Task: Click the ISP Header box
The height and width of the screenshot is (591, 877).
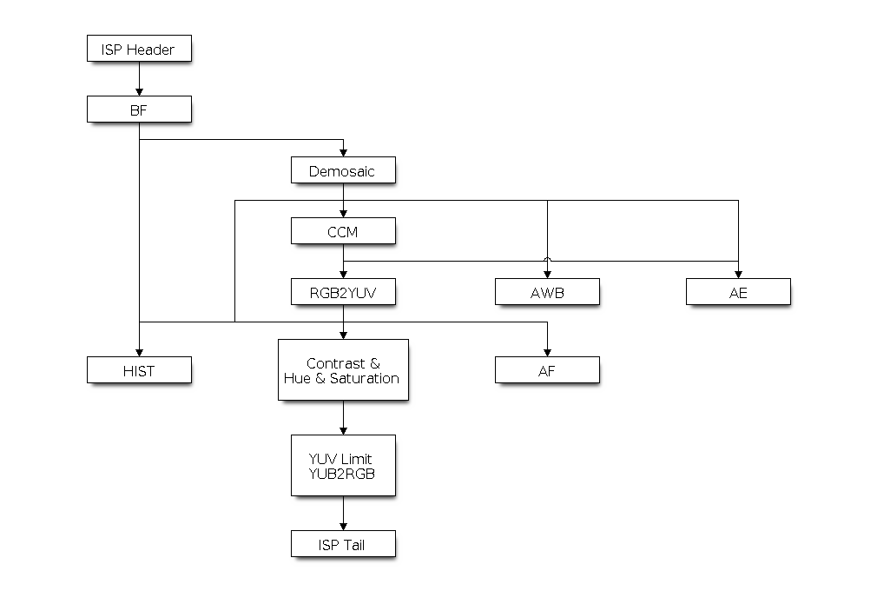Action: click(139, 49)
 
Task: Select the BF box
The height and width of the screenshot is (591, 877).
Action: click(139, 110)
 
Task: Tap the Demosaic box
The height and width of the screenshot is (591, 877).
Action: click(343, 170)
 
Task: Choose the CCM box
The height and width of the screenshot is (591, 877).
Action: click(343, 231)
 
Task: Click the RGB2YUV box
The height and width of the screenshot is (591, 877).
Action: click(343, 292)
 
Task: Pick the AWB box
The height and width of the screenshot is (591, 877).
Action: click(547, 292)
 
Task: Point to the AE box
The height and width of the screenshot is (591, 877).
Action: click(738, 292)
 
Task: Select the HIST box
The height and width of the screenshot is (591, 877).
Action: click(139, 370)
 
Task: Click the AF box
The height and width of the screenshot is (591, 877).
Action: click(547, 370)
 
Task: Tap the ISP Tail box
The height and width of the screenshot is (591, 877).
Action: click(343, 544)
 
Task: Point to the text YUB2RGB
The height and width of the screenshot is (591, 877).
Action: click(342, 473)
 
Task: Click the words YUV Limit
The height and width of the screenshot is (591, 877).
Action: click(342, 458)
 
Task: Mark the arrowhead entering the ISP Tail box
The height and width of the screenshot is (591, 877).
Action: click(343, 526)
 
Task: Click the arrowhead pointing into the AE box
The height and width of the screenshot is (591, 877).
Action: click(738, 274)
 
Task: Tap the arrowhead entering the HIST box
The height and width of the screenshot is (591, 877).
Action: click(139, 352)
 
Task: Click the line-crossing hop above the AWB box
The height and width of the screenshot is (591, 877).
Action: click(547, 259)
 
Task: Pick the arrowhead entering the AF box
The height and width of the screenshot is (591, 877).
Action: click(547, 352)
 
